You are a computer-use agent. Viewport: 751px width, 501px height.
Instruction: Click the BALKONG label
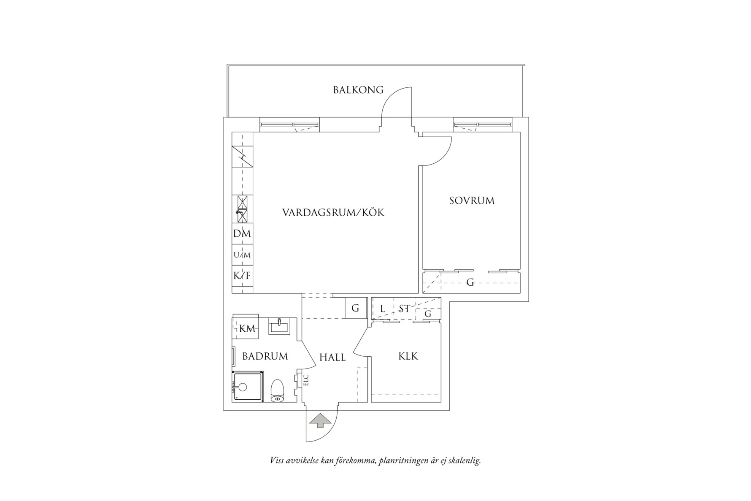(x=358, y=90)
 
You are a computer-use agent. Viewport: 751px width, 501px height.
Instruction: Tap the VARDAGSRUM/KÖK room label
(x=333, y=212)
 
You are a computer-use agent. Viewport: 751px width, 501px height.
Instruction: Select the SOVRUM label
(x=472, y=200)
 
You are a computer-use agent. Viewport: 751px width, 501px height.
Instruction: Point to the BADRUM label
(x=265, y=356)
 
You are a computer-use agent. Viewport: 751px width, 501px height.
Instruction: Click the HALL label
(x=332, y=357)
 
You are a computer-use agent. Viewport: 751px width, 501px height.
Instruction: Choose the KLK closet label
(x=408, y=356)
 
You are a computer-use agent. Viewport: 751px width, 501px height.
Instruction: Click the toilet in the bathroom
(x=277, y=391)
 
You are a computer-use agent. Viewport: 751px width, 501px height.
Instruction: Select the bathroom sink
(x=279, y=326)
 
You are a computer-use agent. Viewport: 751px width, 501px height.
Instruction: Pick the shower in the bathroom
(x=248, y=387)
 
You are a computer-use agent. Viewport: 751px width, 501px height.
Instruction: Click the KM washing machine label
(x=247, y=329)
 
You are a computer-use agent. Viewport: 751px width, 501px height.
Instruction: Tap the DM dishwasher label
(x=242, y=233)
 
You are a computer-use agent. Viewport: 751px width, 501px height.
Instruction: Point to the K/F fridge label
(x=242, y=276)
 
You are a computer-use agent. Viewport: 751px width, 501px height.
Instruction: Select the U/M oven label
(x=242, y=255)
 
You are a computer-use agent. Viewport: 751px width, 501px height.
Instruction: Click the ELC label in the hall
(x=306, y=380)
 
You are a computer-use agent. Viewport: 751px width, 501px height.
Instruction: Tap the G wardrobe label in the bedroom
(x=470, y=282)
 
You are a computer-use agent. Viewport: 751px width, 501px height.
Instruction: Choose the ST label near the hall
(x=404, y=309)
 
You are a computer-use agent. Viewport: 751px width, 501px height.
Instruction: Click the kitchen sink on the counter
(x=242, y=209)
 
